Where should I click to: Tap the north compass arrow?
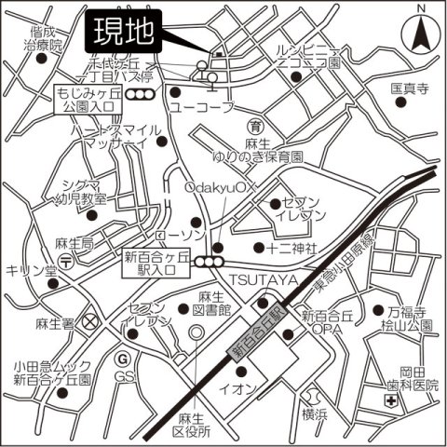coord(419,35)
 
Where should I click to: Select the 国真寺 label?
coord(408,89)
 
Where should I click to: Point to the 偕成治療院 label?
coord(43,37)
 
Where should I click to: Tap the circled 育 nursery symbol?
coord(254,125)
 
